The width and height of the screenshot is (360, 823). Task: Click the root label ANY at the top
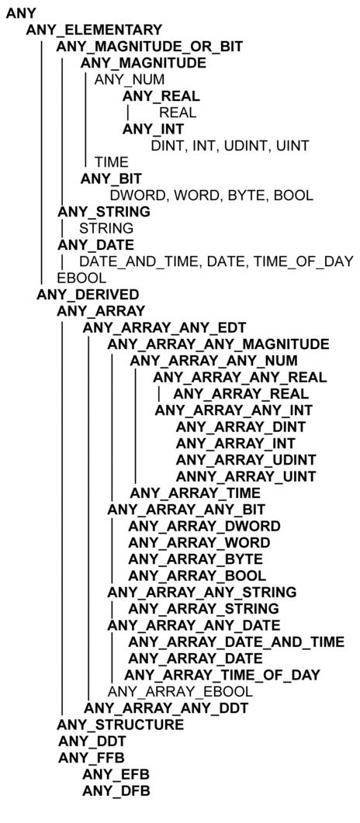coord(20,14)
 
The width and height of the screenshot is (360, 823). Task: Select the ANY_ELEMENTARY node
coord(94,30)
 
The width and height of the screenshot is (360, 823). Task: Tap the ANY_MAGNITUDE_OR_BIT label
coord(150,47)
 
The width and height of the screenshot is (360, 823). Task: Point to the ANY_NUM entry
coord(129,80)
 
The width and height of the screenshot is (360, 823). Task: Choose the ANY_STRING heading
coord(104,212)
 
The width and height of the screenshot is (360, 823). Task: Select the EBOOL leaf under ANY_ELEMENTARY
coord(81,278)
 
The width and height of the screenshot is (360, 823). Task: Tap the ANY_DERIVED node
coord(88,294)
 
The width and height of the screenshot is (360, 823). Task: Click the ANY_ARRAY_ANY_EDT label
coord(164,328)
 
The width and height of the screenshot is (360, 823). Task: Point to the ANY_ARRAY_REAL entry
coord(241,393)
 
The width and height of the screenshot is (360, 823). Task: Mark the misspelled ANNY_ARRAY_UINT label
coord(246,476)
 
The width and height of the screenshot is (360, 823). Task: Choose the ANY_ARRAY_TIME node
coord(196,493)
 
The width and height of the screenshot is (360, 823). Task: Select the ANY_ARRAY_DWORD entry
coord(204,526)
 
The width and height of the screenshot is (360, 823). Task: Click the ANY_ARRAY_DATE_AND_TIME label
coord(236,642)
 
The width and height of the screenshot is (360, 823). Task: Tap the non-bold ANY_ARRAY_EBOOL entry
coord(180,691)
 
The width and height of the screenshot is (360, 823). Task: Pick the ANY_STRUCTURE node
coord(120,724)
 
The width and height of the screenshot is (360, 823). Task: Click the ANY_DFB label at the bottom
coord(116,791)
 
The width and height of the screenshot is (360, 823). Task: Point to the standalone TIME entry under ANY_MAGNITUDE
coord(111,162)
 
